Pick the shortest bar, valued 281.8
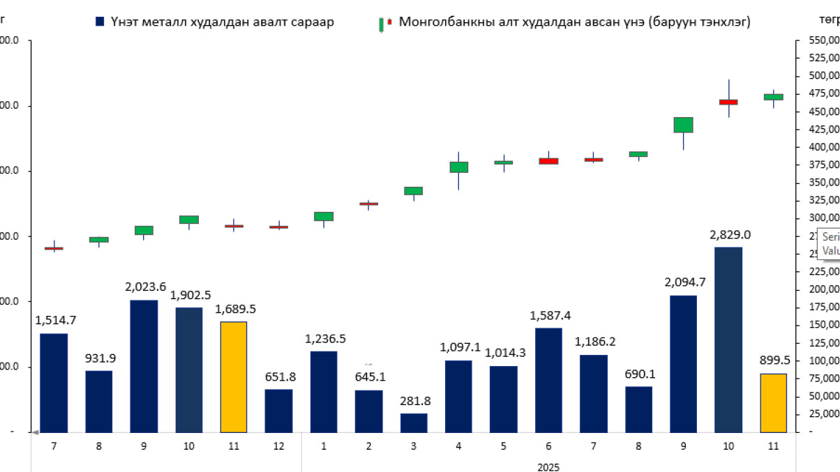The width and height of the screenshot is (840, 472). click(414, 422)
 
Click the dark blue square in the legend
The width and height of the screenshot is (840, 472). click(100, 22)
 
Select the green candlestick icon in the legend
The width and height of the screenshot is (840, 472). click(382, 24)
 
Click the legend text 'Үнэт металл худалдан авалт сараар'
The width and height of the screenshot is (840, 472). click(222, 22)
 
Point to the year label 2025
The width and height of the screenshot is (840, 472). click(549, 466)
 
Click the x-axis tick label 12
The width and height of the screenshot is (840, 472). click(278, 446)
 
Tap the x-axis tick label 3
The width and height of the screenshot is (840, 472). click(414, 446)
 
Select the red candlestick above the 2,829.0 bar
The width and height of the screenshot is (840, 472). click(728, 102)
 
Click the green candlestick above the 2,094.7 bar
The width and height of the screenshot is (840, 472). click(683, 125)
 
